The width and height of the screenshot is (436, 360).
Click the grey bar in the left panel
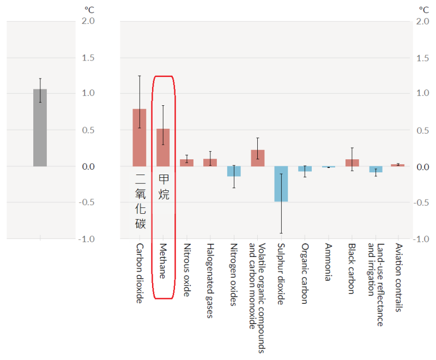click(40, 128)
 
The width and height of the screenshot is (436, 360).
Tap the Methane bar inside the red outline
click(163, 147)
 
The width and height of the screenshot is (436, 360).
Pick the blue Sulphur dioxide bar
click(281, 184)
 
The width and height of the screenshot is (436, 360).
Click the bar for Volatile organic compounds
click(257, 158)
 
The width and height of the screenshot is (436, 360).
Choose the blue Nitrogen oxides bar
click(234, 171)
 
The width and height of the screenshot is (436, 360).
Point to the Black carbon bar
click(352, 163)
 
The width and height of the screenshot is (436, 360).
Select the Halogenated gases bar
click(210, 163)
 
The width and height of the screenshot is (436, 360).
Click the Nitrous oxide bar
click(187, 163)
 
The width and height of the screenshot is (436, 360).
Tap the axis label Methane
click(162, 261)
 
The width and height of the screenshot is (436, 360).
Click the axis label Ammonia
click(328, 262)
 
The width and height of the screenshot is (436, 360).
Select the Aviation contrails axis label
click(399, 278)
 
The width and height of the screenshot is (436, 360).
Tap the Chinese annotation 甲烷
click(163, 187)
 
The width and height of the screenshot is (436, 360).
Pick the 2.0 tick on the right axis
click(422, 21)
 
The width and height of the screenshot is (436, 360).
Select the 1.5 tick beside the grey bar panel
click(87, 57)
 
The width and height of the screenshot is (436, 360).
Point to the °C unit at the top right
click(423, 9)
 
